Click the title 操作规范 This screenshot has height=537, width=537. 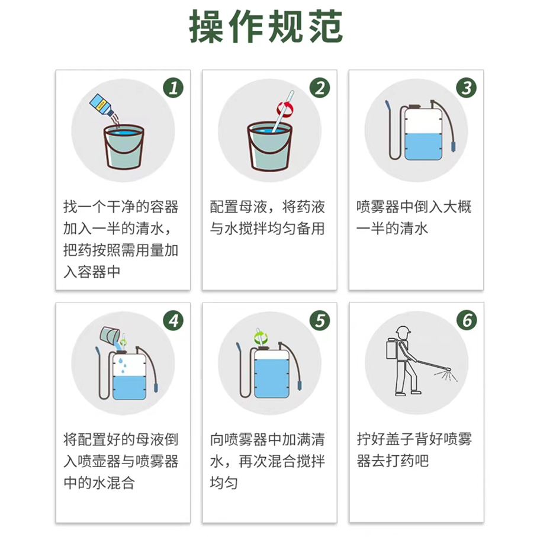266,27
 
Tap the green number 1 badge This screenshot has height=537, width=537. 173,88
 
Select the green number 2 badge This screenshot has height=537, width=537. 320,88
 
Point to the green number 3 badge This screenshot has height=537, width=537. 467,88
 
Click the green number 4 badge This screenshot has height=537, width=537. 173,320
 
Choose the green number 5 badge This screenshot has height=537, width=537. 320,320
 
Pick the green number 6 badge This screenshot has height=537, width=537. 467,320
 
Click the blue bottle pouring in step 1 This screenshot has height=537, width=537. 102,104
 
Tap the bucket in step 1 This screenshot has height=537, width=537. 124,147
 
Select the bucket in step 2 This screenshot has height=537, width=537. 269,147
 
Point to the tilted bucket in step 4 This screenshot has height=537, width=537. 110,335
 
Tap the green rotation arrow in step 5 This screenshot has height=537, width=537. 261,337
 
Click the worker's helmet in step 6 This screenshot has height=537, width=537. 403,330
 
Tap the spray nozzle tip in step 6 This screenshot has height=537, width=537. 449,369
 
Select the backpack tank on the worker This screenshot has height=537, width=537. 391,349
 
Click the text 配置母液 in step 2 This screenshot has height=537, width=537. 239,207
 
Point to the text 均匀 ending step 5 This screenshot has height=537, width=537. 224,483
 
